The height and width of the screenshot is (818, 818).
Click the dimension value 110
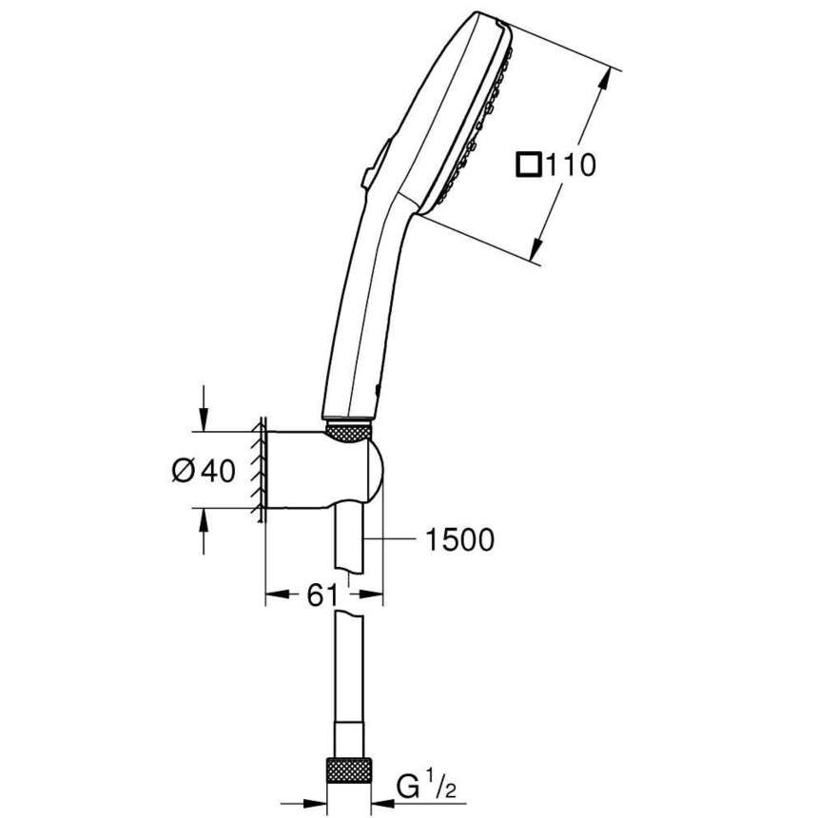tap(569, 165)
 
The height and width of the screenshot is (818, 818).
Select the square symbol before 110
tap(528, 165)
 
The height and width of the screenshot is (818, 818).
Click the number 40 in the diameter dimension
tap(218, 470)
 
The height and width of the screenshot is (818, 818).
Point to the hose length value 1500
tap(459, 540)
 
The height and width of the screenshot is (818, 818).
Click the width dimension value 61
tap(323, 595)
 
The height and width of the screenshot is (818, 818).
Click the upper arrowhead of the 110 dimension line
tap(604, 81)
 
